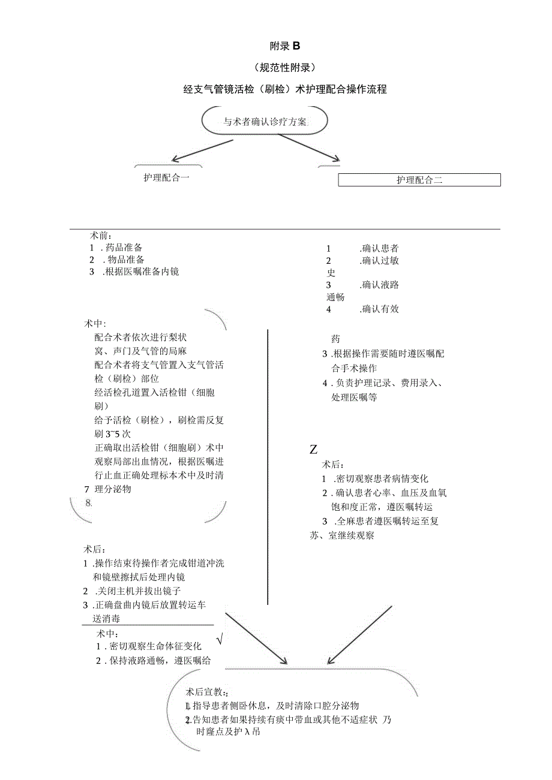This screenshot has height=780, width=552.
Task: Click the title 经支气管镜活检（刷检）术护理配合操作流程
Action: pos(285,89)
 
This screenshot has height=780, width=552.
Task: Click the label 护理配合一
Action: pos(167,177)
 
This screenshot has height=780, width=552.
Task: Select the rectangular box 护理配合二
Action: pos(419,180)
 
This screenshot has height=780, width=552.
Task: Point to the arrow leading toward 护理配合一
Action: pos(202,150)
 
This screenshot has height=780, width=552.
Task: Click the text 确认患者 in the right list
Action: pos(380,248)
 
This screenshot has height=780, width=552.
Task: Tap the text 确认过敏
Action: pos(380,260)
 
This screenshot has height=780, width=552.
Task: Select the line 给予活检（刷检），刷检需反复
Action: pos(159,420)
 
